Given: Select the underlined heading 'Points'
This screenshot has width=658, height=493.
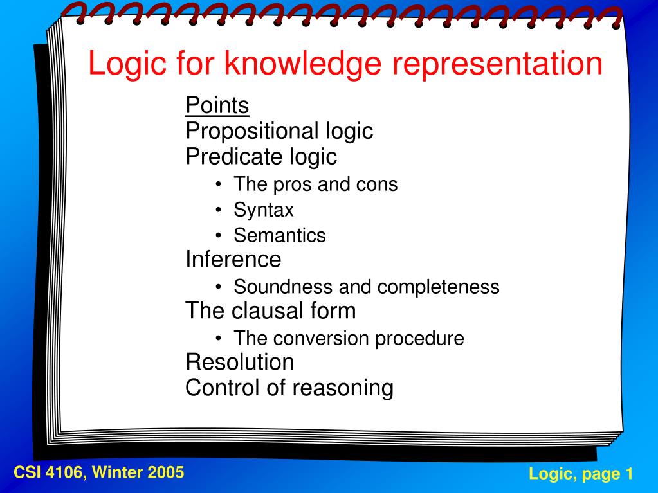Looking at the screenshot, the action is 217,105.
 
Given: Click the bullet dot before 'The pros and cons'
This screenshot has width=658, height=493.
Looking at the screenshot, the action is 218,184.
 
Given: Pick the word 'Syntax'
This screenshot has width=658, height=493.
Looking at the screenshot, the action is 264,210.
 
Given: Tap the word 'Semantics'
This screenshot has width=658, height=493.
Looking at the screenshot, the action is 280,235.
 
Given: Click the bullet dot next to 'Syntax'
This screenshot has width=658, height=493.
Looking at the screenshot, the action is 218,209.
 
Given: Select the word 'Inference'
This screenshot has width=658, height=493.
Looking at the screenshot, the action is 233,259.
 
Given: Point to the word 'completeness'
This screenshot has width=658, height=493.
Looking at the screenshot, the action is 438,287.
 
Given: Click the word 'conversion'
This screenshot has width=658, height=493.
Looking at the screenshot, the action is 321,338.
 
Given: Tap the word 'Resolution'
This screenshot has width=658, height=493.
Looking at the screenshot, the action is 240,362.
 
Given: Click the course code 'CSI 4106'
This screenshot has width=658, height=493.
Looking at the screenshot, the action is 50,472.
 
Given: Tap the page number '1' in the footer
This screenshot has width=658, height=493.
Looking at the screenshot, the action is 629,473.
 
